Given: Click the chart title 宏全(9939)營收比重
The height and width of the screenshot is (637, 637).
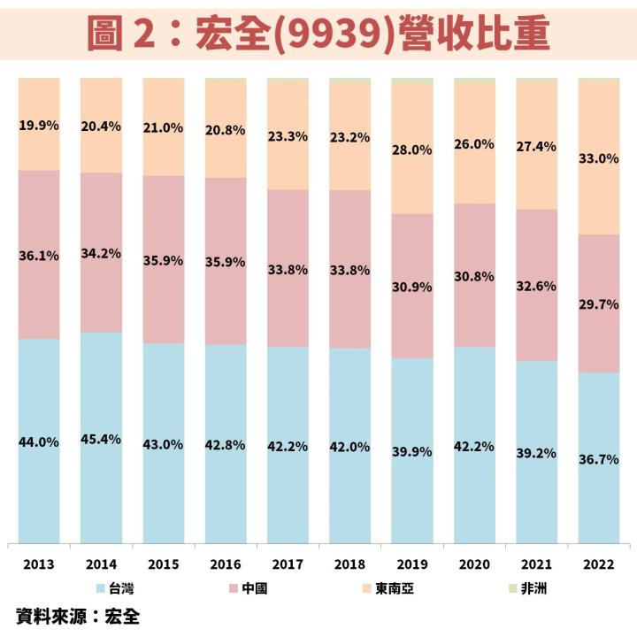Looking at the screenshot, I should tap(318, 34).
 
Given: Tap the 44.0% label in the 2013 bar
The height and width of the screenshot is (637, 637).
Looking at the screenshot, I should tap(39, 441).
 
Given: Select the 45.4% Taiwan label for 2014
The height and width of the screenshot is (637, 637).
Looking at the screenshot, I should tap(101, 439).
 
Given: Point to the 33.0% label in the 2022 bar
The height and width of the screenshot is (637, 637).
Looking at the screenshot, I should tap(599, 159).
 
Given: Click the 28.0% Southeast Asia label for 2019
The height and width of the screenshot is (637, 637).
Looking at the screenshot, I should tap(412, 150).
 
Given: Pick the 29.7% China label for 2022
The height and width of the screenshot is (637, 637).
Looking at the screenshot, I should tap(599, 303).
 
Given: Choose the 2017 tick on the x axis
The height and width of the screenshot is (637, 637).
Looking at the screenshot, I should tap(288, 564).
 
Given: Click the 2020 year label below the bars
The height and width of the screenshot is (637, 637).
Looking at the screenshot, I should tap(474, 564).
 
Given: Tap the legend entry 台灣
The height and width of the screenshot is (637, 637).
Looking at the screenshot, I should tap(117, 587).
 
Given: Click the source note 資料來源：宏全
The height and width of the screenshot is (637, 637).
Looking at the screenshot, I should tap(78, 615).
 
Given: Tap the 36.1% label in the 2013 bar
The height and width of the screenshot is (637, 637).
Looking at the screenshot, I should tap(39, 256).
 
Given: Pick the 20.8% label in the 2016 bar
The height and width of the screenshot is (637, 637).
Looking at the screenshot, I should tap(226, 129).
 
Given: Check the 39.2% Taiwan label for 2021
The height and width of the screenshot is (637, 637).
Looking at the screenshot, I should tap(536, 453).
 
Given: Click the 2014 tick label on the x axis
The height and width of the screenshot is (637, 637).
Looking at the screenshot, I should tap(101, 564).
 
